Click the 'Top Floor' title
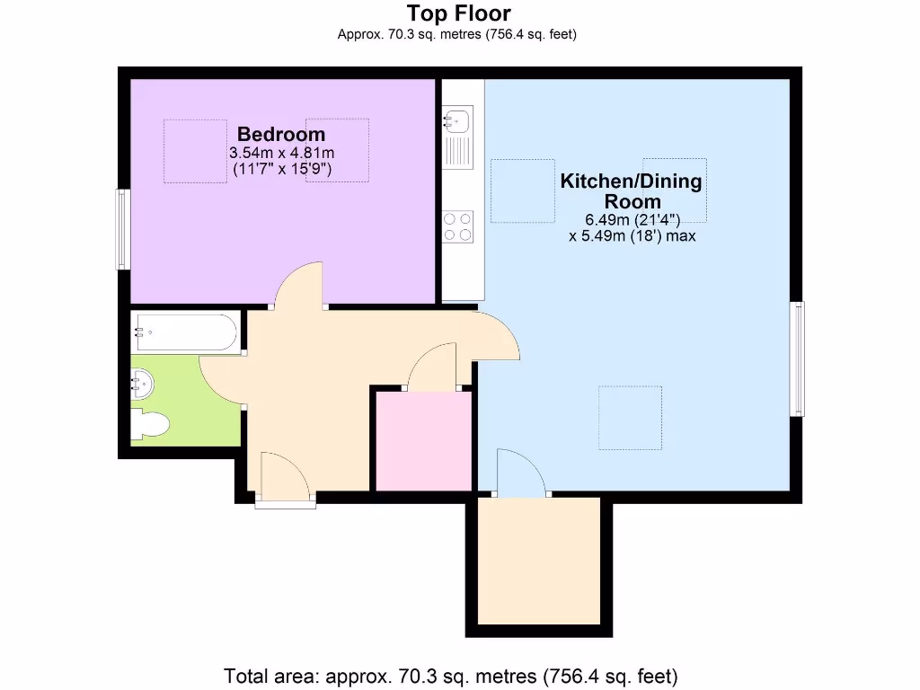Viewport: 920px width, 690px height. (x=458, y=13)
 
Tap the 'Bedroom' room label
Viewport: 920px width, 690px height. (x=280, y=134)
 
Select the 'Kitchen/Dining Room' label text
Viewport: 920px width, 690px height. (x=632, y=190)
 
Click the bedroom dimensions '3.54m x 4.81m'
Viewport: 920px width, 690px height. (x=282, y=153)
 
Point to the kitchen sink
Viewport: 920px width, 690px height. (x=458, y=118)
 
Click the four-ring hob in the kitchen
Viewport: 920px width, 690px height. (x=458, y=226)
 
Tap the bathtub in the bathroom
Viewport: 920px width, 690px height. (x=185, y=332)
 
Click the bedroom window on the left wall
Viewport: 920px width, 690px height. (x=123, y=229)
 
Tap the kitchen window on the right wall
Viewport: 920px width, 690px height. (x=797, y=358)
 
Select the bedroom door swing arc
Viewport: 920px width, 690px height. (x=299, y=286)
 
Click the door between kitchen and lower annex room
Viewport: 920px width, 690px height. (x=520, y=473)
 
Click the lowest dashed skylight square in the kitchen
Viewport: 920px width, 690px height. (x=630, y=418)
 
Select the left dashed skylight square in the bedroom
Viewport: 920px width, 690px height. (x=195, y=151)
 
